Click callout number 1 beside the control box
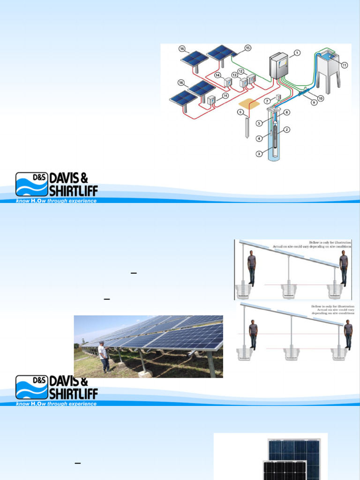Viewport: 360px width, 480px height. (297, 52)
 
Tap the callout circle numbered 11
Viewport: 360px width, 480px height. (345, 65)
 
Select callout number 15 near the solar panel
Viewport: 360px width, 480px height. (248, 48)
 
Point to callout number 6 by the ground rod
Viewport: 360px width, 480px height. (240, 112)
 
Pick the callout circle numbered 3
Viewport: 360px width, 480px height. (259, 153)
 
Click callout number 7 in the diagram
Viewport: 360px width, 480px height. (267, 101)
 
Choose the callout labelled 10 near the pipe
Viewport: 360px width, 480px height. (321, 98)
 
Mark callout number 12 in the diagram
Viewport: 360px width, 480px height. (240, 71)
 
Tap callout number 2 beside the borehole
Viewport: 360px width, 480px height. (286, 129)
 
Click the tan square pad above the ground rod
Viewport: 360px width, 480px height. (248, 104)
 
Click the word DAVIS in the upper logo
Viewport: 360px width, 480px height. (67, 179)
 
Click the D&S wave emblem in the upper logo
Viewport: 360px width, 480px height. (31, 184)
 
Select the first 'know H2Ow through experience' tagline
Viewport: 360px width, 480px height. (56, 201)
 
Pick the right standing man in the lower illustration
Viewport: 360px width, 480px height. (348, 334)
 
